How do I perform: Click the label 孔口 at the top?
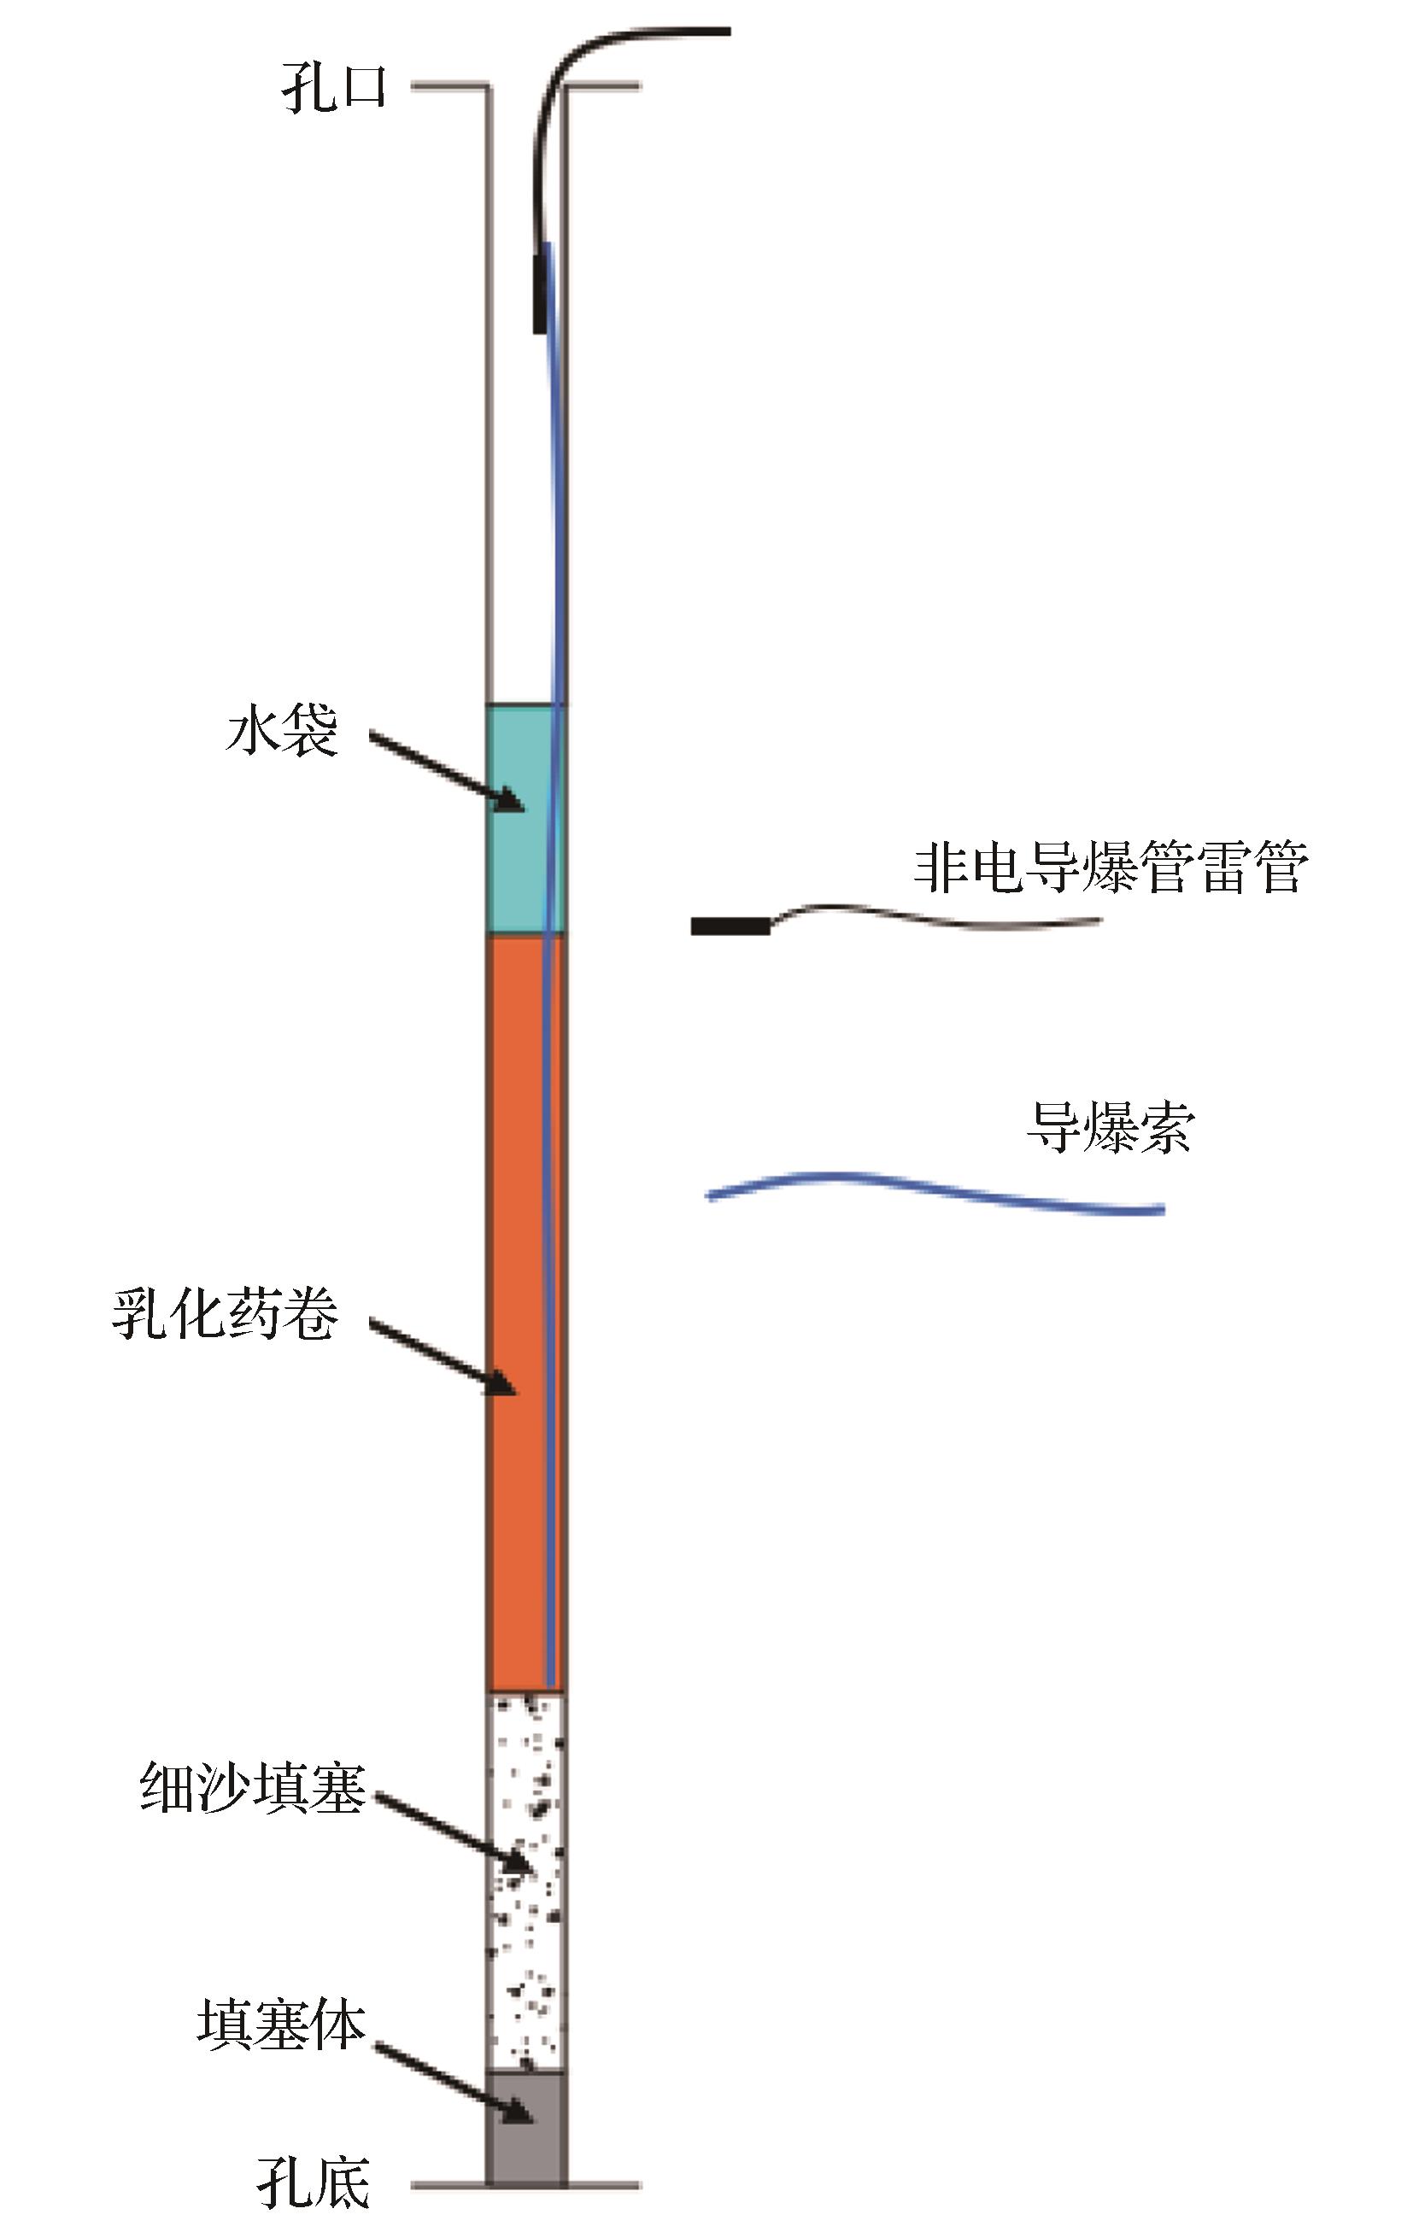pos(334,90)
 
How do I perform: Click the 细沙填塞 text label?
pos(253,1788)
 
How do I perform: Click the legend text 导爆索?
pos(1110,1127)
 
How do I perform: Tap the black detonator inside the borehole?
pos(540,288)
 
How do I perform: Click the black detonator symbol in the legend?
pos(730,925)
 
